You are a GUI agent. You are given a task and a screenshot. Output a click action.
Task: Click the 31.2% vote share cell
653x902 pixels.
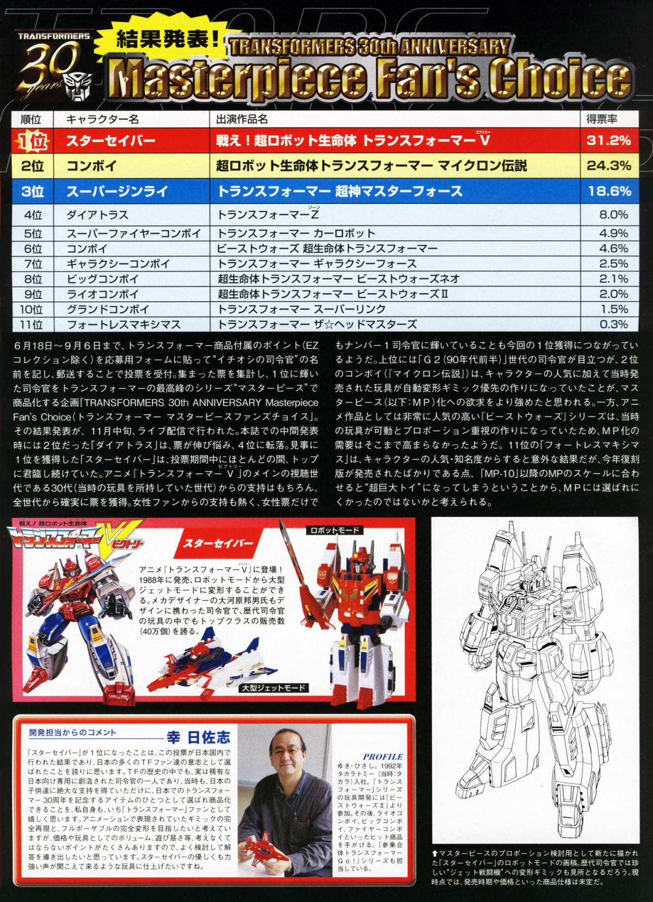point(609,140)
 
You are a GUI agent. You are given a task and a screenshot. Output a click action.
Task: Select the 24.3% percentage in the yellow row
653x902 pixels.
point(609,165)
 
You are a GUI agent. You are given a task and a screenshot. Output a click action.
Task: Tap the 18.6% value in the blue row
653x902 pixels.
point(609,191)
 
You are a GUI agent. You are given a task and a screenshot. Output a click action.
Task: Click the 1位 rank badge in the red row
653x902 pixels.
point(32,141)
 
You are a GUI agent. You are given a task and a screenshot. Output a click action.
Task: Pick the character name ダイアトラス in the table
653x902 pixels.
point(97,215)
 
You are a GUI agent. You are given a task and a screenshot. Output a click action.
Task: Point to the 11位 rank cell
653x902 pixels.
point(32,325)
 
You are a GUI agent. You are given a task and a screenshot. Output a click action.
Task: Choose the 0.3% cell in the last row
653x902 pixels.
point(614,325)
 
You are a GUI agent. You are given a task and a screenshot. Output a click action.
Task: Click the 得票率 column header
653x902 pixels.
point(602,119)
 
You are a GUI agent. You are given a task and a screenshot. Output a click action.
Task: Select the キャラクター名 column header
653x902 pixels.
point(102,119)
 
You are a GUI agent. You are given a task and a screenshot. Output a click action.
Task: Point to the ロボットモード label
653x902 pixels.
point(334,530)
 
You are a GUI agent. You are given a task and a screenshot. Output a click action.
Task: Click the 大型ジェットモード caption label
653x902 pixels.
point(274,688)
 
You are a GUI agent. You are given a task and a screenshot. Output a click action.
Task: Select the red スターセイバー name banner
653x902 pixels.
point(218,544)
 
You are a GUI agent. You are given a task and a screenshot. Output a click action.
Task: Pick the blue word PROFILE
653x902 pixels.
point(383,757)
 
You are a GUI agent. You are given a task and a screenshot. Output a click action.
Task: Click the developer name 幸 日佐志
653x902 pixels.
point(199,737)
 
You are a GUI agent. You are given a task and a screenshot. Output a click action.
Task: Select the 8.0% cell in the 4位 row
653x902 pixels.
point(614,215)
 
